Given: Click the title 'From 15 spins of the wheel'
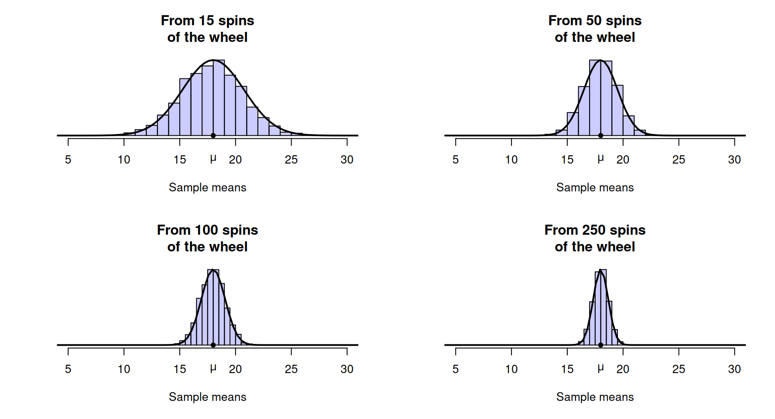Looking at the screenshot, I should tap(207, 29).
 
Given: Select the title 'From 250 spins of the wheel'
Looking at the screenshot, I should tap(595, 238).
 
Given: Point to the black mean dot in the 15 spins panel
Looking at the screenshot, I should tap(213, 135).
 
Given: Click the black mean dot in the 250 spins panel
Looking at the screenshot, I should tap(600, 345).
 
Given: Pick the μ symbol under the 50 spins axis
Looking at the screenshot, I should tap(600, 159).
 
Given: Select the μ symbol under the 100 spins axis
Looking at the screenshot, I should tap(213, 368).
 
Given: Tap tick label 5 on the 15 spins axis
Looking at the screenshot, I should tap(68, 160).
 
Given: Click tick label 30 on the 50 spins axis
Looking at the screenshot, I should tap(734, 160).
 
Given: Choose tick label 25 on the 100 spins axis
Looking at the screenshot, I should tap(291, 369).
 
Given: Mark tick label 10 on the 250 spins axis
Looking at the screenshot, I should tap(511, 369).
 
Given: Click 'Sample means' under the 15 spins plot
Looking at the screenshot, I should tap(207, 187).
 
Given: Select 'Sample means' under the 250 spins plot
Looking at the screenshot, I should tap(595, 397).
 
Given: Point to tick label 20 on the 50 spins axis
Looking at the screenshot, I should tap(623, 160).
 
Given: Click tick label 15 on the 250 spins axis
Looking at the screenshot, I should tap(567, 369).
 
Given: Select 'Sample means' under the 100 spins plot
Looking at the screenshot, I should tap(207, 397).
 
